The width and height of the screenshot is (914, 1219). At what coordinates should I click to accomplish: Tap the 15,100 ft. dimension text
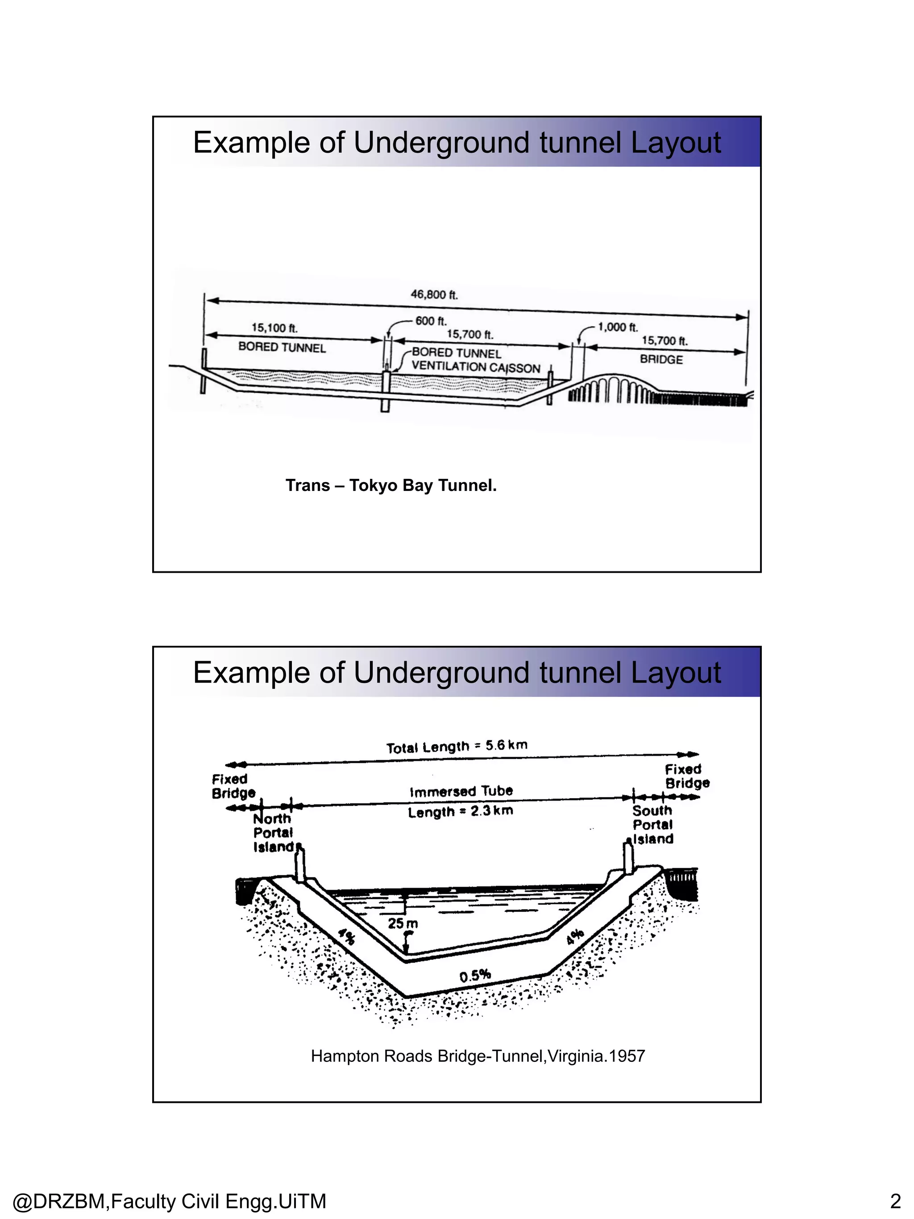274,328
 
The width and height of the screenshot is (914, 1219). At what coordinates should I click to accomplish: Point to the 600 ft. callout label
431,321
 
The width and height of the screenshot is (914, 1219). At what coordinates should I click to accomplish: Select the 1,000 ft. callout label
618,327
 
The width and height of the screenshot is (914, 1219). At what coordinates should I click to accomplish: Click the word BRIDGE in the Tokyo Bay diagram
661,359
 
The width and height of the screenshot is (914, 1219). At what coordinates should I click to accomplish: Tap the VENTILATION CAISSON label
476,367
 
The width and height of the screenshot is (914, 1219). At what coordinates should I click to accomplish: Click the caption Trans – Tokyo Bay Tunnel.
391,486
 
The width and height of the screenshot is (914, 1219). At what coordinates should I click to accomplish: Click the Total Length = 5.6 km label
457,747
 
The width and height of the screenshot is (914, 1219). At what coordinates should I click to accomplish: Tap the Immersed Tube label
461,791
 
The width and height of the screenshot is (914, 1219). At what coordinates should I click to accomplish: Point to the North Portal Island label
273,833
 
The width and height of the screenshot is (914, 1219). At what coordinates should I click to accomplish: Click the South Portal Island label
653,825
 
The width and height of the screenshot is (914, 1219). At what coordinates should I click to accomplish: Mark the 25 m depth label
403,924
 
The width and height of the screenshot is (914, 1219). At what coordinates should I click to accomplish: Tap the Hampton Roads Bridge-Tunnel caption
478,1057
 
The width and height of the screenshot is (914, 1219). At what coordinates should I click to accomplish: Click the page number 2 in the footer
895,1201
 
